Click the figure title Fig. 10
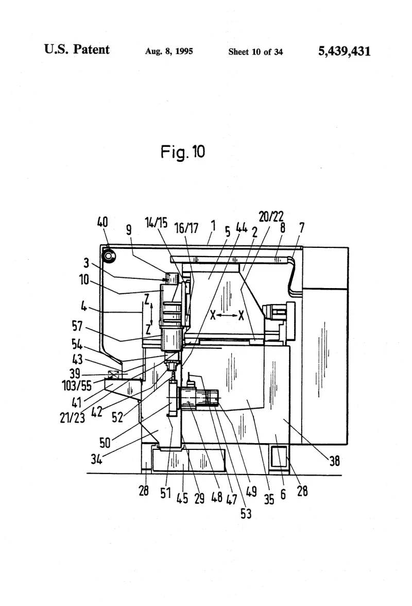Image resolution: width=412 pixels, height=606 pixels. tap(183, 152)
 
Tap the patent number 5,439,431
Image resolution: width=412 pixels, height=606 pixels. tap(344, 51)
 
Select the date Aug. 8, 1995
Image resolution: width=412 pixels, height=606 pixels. tap(169, 51)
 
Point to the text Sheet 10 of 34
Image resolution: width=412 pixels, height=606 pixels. tap(255, 52)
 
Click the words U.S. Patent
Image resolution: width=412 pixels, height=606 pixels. tap(77, 49)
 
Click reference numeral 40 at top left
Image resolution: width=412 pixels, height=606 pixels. tap(102, 222)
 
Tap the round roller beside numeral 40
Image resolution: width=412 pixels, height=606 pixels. tap(109, 256)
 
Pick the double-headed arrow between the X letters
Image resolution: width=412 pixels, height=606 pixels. tap(227, 315)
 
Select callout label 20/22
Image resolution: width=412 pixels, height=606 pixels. tap(271, 216)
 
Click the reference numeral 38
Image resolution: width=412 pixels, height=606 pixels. tap(334, 460)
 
